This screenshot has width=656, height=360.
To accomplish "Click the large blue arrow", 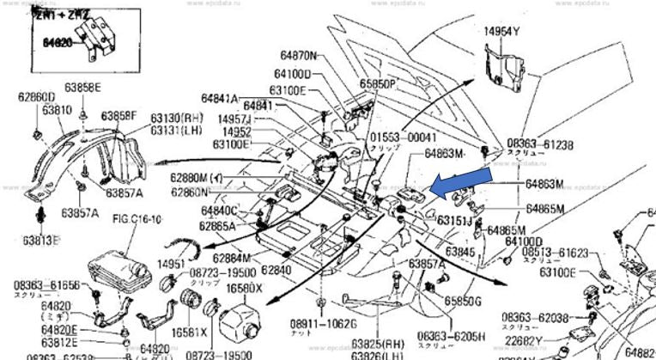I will pyautogui.click(x=460, y=182).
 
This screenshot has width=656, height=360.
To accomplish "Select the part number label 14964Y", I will pyautogui.click(x=502, y=32).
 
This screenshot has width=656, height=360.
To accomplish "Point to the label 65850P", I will pyautogui.click(x=377, y=85).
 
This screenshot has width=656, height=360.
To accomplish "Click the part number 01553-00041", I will pyautogui.click(x=404, y=137).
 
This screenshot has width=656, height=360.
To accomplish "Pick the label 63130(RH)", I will pyautogui.click(x=176, y=119).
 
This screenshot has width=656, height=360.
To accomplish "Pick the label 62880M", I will pyautogui.click(x=199, y=178).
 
